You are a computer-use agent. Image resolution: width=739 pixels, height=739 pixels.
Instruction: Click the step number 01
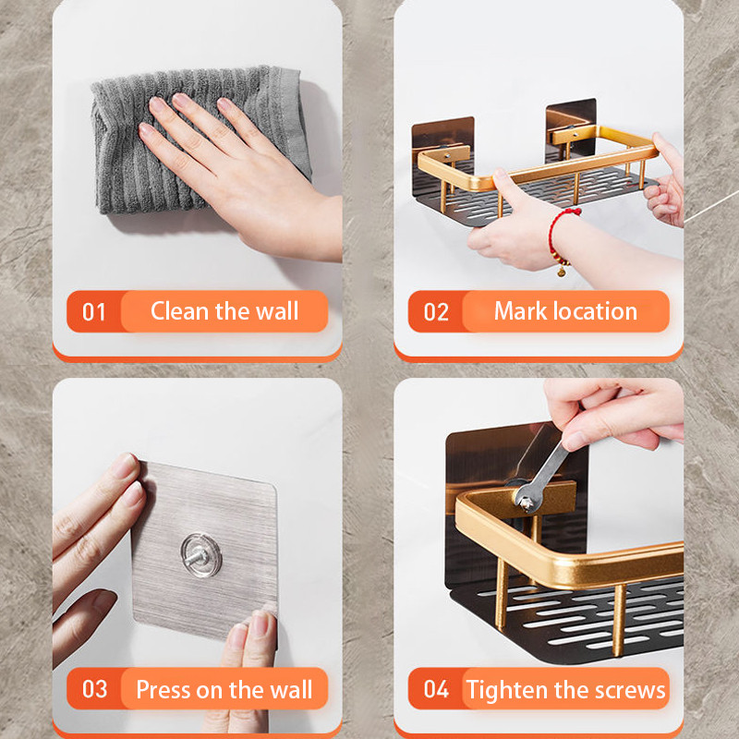[94, 312]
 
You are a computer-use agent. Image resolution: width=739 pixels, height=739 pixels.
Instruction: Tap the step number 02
[436, 312]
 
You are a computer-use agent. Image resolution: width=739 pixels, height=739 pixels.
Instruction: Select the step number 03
[94, 689]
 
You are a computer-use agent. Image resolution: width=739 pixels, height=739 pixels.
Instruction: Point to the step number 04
[436, 689]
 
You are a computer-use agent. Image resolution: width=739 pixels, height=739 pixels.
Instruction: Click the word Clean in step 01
[179, 311]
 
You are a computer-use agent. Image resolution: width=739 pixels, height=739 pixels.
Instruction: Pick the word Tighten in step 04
[508, 689]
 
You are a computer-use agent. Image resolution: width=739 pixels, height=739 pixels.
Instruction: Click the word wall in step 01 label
[278, 311]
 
